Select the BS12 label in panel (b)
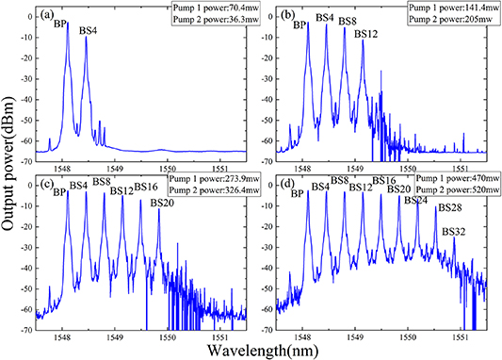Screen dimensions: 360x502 366,34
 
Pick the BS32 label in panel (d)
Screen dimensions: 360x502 455,231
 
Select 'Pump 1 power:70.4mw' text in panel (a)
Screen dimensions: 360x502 207,8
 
